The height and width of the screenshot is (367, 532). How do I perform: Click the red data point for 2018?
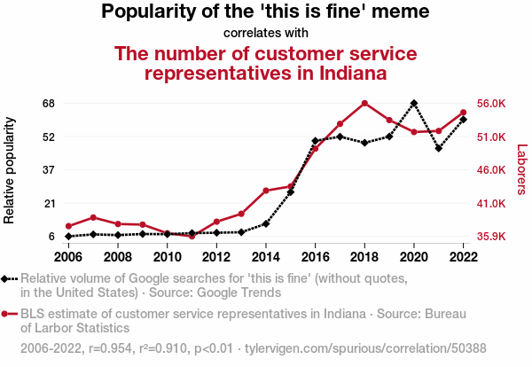[x=364, y=103]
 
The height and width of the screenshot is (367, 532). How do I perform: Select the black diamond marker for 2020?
[x=414, y=103]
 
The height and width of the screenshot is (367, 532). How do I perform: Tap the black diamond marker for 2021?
[x=439, y=148]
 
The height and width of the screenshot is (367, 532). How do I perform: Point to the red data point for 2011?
[x=192, y=236]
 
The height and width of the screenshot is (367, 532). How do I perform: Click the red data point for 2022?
[x=464, y=113]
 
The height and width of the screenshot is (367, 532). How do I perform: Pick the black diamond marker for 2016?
[x=316, y=141]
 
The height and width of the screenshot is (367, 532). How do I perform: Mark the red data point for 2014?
[x=266, y=191]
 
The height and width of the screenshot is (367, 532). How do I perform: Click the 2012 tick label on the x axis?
[x=216, y=256]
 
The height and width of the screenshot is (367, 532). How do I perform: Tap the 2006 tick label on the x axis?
[x=68, y=256]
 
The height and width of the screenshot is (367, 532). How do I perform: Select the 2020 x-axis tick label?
[x=414, y=256]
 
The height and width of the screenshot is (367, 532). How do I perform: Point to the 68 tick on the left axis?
[x=48, y=103]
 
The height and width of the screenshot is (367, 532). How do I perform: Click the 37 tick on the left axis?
[x=48, y=169]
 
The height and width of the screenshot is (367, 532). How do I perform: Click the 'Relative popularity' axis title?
[x=10, y=169]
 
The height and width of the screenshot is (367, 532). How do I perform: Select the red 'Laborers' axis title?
[x=521, y=169]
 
